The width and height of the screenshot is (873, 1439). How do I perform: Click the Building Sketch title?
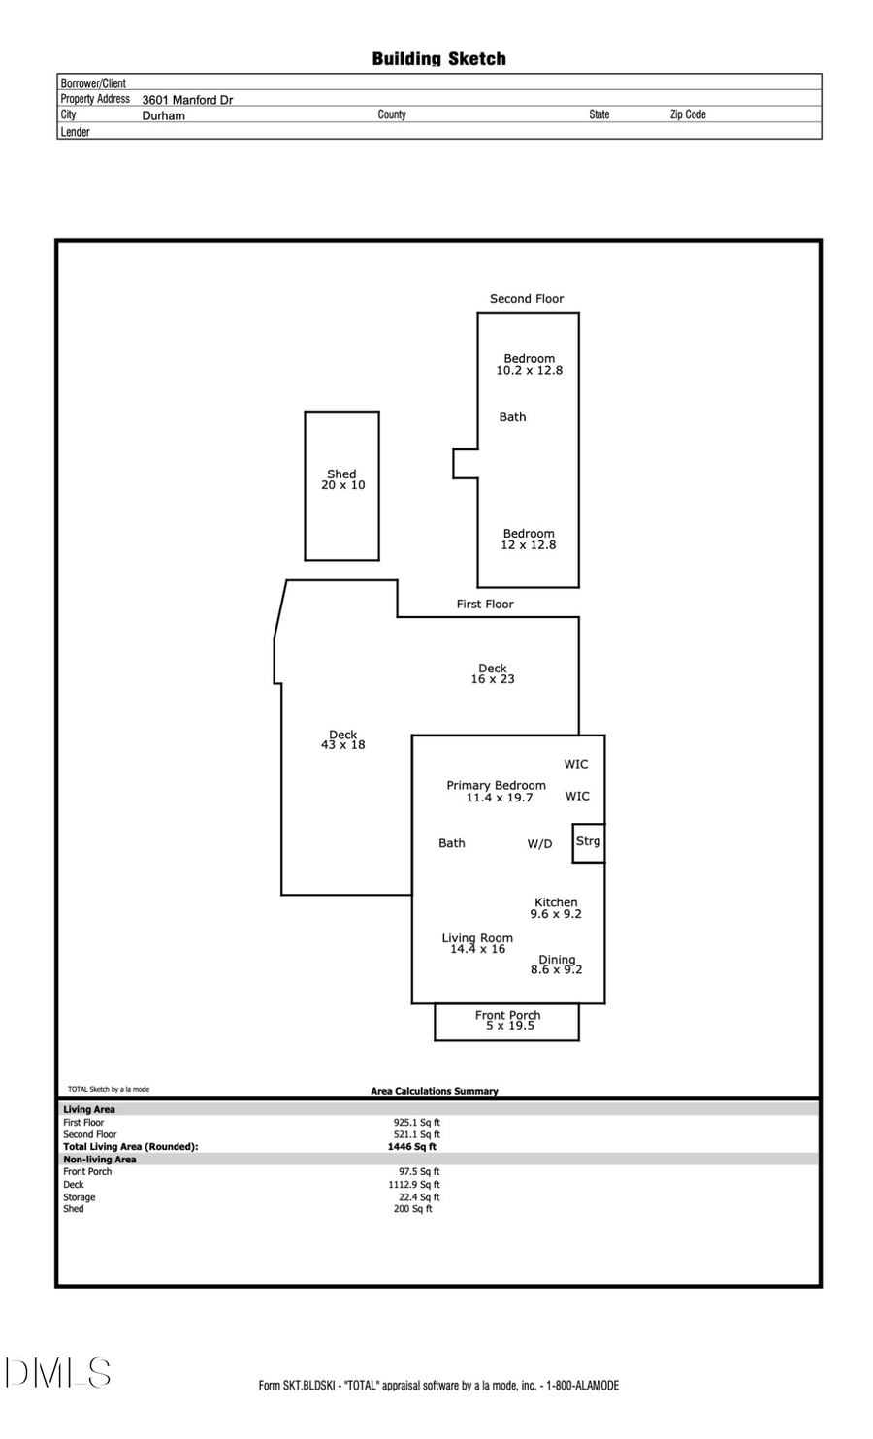[438, 59]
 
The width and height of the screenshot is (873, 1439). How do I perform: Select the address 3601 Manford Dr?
[187, 100]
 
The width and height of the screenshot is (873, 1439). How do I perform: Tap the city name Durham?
[163, 115]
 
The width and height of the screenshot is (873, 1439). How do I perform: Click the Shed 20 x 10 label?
[342, 480]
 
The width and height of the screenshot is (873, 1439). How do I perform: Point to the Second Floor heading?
[526, 299]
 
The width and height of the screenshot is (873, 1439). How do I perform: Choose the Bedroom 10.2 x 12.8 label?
[529, 364]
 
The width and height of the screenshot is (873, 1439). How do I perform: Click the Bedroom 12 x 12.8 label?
[529, 540]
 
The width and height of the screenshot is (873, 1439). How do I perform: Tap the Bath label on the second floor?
[512, 417]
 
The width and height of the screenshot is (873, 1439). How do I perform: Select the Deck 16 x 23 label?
[493, 673]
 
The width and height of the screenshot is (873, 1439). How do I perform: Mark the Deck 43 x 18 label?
[342, 739]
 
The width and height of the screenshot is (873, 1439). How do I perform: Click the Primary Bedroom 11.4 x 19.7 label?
[497, 792]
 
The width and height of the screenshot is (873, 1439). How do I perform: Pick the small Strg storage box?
[588, 842]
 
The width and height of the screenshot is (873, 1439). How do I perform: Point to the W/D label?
[539, 844]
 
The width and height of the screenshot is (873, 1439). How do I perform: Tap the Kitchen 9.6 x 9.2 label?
[556, 908]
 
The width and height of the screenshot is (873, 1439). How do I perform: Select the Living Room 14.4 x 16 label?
[477, 943]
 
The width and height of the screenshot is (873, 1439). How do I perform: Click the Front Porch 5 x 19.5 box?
[507, 1021]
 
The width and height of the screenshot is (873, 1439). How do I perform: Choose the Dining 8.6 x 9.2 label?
[557, 965]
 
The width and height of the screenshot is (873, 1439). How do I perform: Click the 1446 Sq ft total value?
[412, 1147]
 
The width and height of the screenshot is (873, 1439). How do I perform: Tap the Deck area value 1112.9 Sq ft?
[414, 1185]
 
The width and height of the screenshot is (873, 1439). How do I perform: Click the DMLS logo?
[58, 1373]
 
